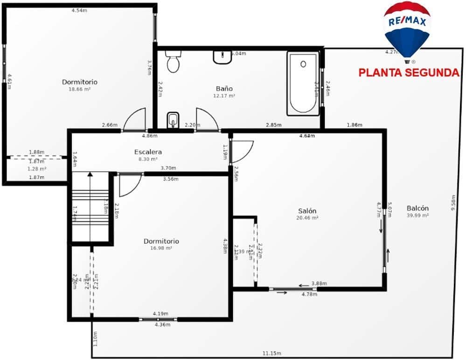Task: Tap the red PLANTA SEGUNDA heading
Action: [409, 73]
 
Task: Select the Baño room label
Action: [224, 89]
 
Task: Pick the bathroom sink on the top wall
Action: [223, 57]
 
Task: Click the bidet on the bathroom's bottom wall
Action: [173, 120]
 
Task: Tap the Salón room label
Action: [307, 211]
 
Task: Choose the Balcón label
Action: [417, 208]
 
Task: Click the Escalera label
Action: [148, 152]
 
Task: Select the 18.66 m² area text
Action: [80, 89]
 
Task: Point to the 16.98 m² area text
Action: [161, 248]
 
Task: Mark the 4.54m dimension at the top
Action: [79, 10]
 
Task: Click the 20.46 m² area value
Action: [307, 218]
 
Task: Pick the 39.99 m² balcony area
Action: [417, 215]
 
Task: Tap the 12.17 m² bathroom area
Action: [224, 96]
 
